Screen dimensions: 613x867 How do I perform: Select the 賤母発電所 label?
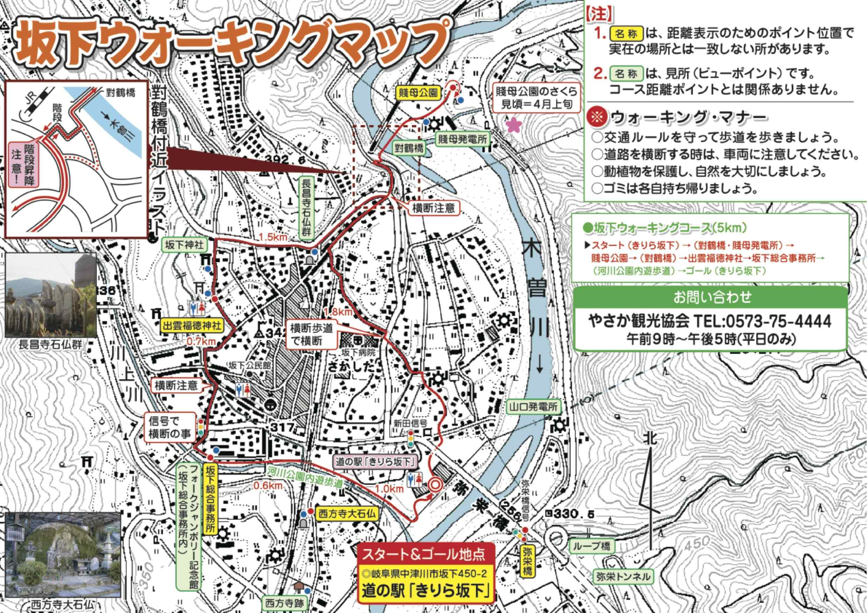pyautogui.click(x=462, y=139)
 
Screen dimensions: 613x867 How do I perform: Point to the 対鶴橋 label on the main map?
pyautogui.click(x=409, y=148)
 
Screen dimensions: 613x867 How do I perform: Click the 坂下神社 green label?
pyautogui.click(x=184, y=245)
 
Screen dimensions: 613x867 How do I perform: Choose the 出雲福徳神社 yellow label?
pyautogui.click(x=192, y=326)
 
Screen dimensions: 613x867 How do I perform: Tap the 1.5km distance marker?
pyautogui.click(x=273, y=237)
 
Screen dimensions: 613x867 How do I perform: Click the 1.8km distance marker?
pyautogui.click(x=338, y=312)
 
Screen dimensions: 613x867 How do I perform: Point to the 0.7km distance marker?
pyautogui.click(x=201, y=341)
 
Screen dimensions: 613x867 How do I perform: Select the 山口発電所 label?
pyautogui.click(x=534, y=407)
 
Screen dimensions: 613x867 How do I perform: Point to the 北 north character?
pyautogui.click(x=650, y=439)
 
